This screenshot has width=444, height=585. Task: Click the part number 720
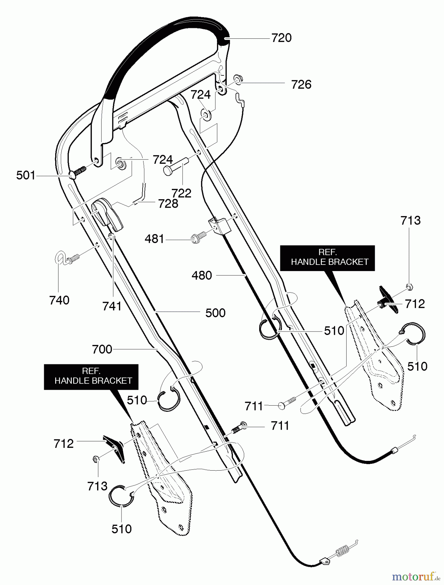[281, 38]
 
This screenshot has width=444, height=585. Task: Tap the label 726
[301, 85]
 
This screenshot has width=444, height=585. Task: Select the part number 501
[25, 176]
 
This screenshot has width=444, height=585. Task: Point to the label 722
[181, 193]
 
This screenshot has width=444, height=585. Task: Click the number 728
[168, 204]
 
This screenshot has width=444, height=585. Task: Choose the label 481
[154, 239]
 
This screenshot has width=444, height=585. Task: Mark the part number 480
[202, 276]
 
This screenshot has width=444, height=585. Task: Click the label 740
[59, 300]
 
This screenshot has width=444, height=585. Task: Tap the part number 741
[112, 306]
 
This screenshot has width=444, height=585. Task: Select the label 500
[215, 313]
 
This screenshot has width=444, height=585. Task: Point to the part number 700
[102, 350]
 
